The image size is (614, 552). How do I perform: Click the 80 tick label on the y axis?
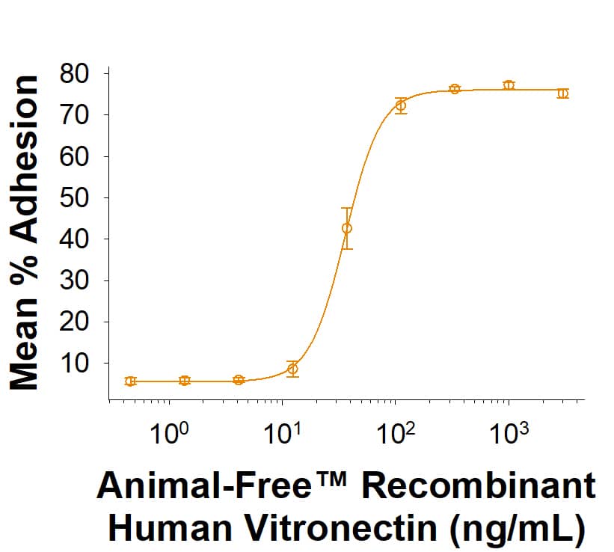click(75, 74)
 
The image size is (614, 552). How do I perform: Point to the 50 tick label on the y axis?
click(75, 198)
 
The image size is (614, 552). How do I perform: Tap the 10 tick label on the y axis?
click(75, 364)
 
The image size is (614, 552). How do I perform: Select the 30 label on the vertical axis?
click(75, 281)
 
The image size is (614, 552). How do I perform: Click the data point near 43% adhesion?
click(347, 228)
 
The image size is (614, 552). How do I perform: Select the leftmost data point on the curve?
click(131, 381)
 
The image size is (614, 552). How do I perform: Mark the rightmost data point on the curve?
click(562, 93)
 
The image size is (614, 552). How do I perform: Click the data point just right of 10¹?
click(293, 369)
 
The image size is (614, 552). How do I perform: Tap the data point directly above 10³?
click(509, 85)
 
